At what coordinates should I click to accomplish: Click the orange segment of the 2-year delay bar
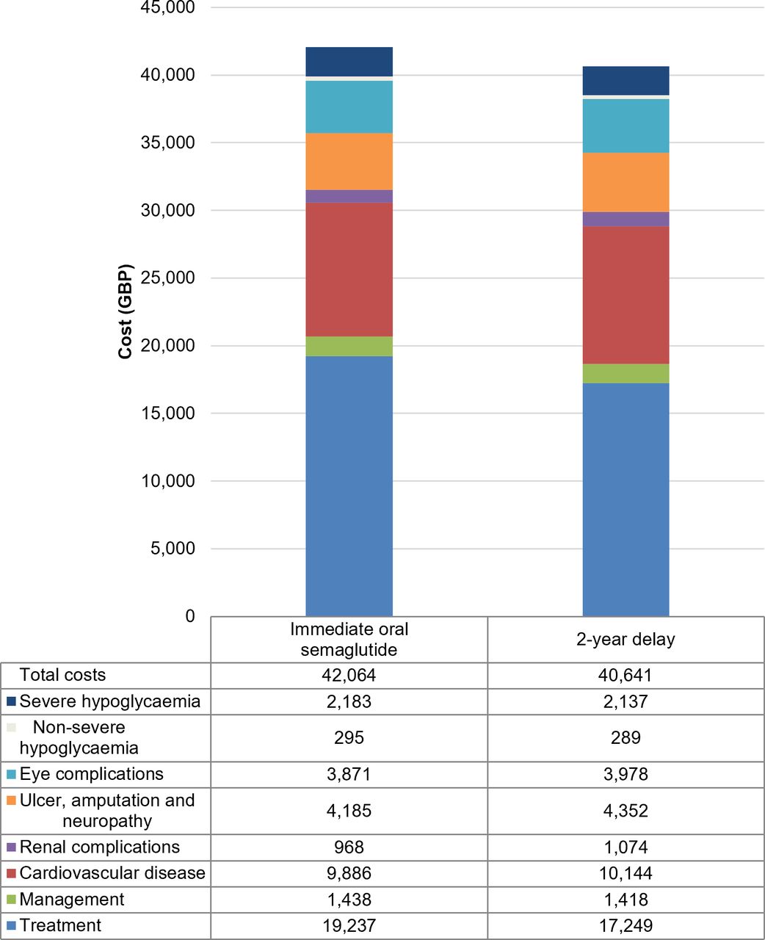(x=626, y=182)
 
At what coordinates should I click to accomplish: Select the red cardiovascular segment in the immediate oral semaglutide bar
(x=349, y=270)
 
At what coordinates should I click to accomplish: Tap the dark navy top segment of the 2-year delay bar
(x=626, y=81)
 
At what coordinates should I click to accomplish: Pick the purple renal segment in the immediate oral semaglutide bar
(x=349, y=196)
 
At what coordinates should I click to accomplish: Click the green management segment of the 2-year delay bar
(x=626, y=373)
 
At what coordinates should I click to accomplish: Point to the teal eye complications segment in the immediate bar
(x=349, y=106)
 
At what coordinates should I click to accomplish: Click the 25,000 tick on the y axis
(x=167, y=278)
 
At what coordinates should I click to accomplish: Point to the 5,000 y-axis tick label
(x=173, y=548)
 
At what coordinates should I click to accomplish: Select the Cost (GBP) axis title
(x=126, y=311)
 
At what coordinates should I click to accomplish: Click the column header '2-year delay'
(x=626, y=640)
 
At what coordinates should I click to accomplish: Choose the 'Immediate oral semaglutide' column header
(x=349, y=640)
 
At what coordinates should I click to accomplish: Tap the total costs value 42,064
(x=349, y=676)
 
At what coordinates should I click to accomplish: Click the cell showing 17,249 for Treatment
(x=626, y=926)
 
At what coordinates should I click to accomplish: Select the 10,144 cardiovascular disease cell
(x=626, y=873)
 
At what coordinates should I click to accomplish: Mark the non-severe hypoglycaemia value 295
(x=349, y=738)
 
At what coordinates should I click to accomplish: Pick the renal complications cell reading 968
(x=349, y=847)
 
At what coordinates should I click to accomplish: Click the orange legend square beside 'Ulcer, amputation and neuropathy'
(x=12, y=800)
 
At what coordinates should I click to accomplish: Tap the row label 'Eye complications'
(x=91, y=774)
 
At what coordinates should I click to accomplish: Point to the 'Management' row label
(x=72, y=900)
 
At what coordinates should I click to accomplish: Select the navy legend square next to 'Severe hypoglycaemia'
(x=12, y=701)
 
